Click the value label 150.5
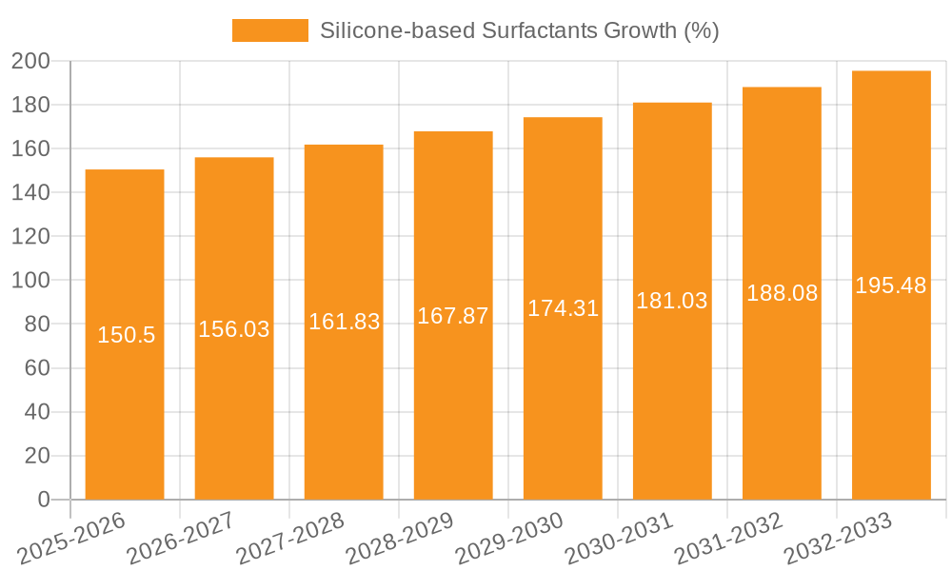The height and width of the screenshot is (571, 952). coord(126,335)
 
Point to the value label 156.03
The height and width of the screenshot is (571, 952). coord(234,329)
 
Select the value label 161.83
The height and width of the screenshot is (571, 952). coord(344,322)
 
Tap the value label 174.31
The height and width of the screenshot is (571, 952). coord(563,308)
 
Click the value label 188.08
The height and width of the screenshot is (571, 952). coord(782,293)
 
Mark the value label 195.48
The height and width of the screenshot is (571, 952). coord(891,285)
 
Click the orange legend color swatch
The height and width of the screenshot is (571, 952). coord(270,30)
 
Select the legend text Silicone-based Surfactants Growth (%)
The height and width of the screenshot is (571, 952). coord(519,30)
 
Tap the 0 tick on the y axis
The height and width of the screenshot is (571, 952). coord(43,500)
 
